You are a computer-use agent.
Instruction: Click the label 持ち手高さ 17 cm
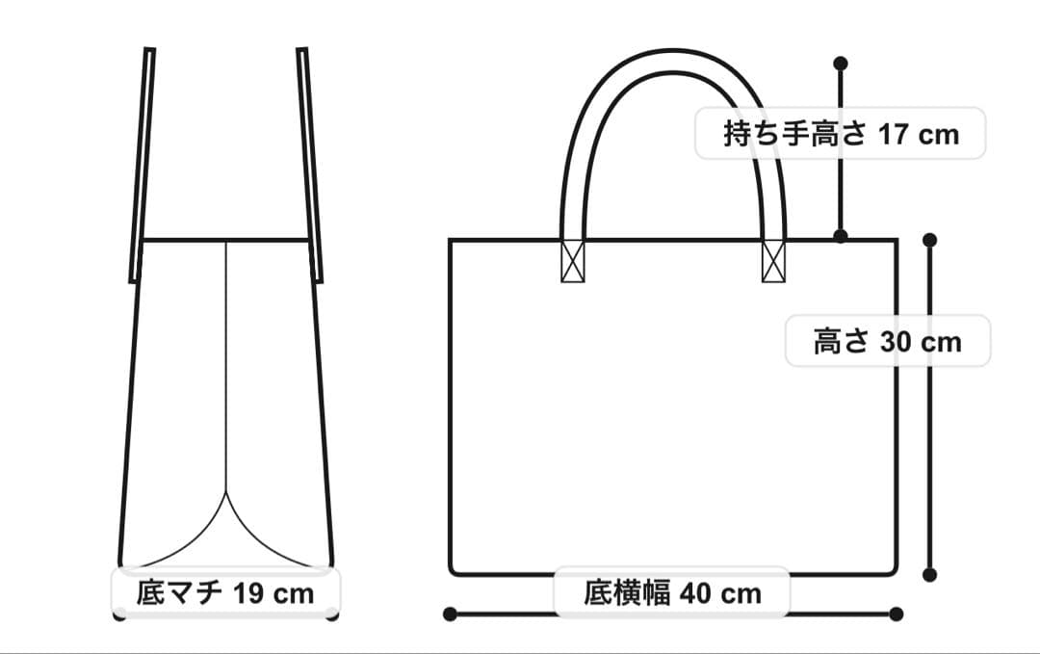pyautogui.click(x=841, y=133)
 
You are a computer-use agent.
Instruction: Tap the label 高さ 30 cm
pyautogui.click(x=887, y=341)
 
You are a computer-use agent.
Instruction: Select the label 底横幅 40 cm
pyautogui.click(x=671, y=592)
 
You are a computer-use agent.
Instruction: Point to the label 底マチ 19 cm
pyautogui.click(x=225, y=591)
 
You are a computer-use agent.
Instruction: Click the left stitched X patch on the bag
pyautogui.click(x=573, y=260)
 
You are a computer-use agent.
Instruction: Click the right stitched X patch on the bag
pyautogui.click(x=773, y=260)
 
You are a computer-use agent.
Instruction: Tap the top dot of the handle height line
pyautogui.click(x=840, y=64)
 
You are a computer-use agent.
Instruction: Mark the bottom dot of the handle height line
pyautogui.click(x=840, y=236)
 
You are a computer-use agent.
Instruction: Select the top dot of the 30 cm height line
pyautogui.click(x=929, y=239)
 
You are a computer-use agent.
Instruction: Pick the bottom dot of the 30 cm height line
pyautogui.click(x=929, y=575)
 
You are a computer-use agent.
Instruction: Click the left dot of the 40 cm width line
pyautogui.click(x=449, y=614)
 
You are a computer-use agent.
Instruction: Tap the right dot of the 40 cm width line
pyautogui.click(x=897, y=614)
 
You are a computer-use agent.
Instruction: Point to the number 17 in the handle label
pyautogui.click(x=894, y=133)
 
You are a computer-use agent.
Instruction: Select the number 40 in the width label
pyautogui.click(x=696, y=592)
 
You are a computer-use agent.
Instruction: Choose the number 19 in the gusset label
pyautogui.click(x=249, y=591)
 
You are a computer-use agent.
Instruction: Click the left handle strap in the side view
pyautogui.click(x=142, y=164)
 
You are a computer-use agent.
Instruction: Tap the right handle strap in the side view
pyautogui.click(x=309, y=164)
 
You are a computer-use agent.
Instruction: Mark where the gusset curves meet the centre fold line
pyautogui.click(x=226, y=492)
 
